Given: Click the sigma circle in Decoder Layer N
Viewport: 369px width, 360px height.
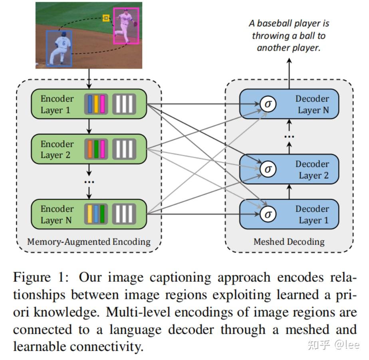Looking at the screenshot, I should click(x=268, y=104).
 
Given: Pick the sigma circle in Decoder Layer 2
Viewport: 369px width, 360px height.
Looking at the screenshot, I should click(x=268, y=169).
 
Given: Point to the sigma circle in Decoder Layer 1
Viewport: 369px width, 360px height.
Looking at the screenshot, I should click(x=268, y=214).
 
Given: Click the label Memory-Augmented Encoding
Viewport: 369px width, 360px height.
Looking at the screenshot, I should click(x=89, y=241).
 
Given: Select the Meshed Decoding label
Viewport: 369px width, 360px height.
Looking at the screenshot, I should click(x=289, y=241).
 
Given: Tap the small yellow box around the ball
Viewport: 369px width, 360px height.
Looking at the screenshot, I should click(x=106, y=18).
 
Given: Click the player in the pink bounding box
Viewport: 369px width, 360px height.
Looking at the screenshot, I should click(x=126, y=26).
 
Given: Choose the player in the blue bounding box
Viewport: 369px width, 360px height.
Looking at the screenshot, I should click(x=60, y=48).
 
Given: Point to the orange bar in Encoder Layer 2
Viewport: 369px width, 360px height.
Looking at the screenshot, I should click(x=90, y=149).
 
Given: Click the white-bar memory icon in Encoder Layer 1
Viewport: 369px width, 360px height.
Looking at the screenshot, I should click(x=124, y=104).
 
